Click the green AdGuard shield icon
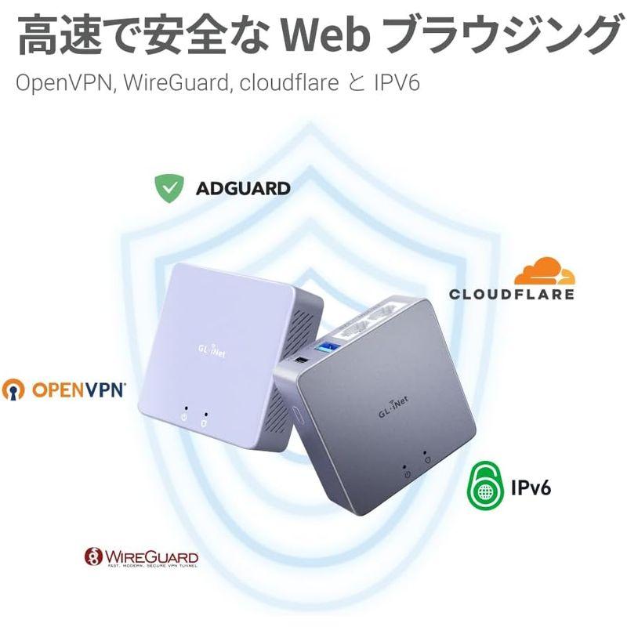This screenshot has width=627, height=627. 169,188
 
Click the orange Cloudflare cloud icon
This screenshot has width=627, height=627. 545,271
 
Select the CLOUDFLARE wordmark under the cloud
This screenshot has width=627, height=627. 511,295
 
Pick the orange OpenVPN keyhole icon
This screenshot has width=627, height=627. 13,389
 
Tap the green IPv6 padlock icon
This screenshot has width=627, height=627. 487,487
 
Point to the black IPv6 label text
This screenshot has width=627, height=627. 531,488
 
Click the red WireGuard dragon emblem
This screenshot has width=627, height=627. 94,557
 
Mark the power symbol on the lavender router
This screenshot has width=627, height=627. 183,417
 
